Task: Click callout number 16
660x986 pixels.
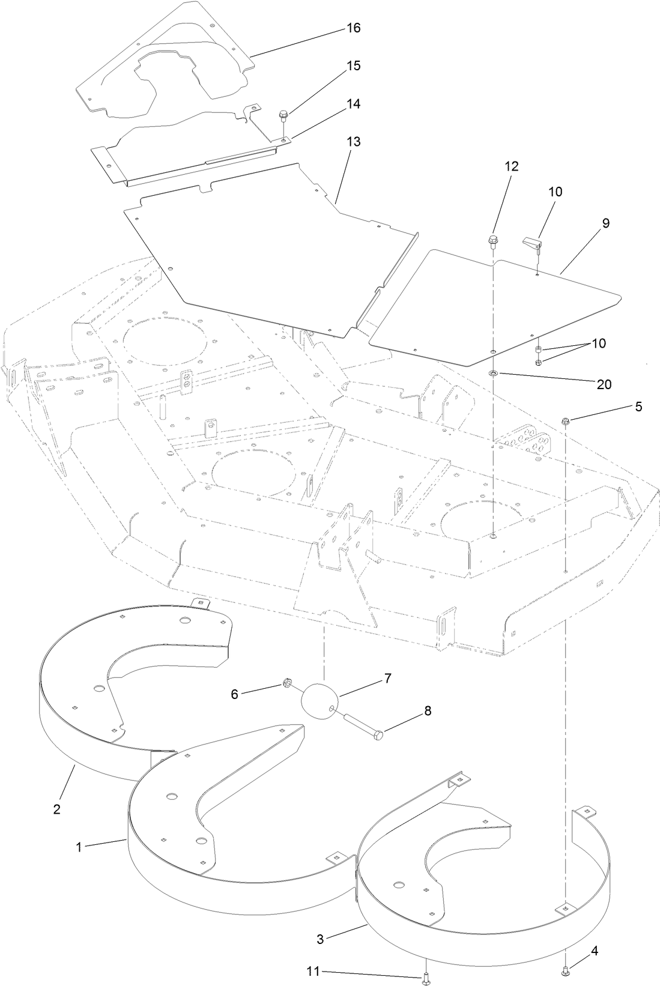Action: click(354, 28)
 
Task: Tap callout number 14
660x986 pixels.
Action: click(354, 104)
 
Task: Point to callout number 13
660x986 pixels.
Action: click(354, 142)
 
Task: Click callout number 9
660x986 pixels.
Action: click(605, 223)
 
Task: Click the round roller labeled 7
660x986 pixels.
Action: click(321, 700)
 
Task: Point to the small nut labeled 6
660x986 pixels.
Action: click(287, 683)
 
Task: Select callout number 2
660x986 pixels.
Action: click(56, 809)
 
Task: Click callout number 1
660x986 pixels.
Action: click(78, 847)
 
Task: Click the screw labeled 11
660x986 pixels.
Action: click(425, 979)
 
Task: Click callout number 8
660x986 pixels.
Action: click(428, 711)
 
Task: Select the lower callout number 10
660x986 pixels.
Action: click(598, 343)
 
